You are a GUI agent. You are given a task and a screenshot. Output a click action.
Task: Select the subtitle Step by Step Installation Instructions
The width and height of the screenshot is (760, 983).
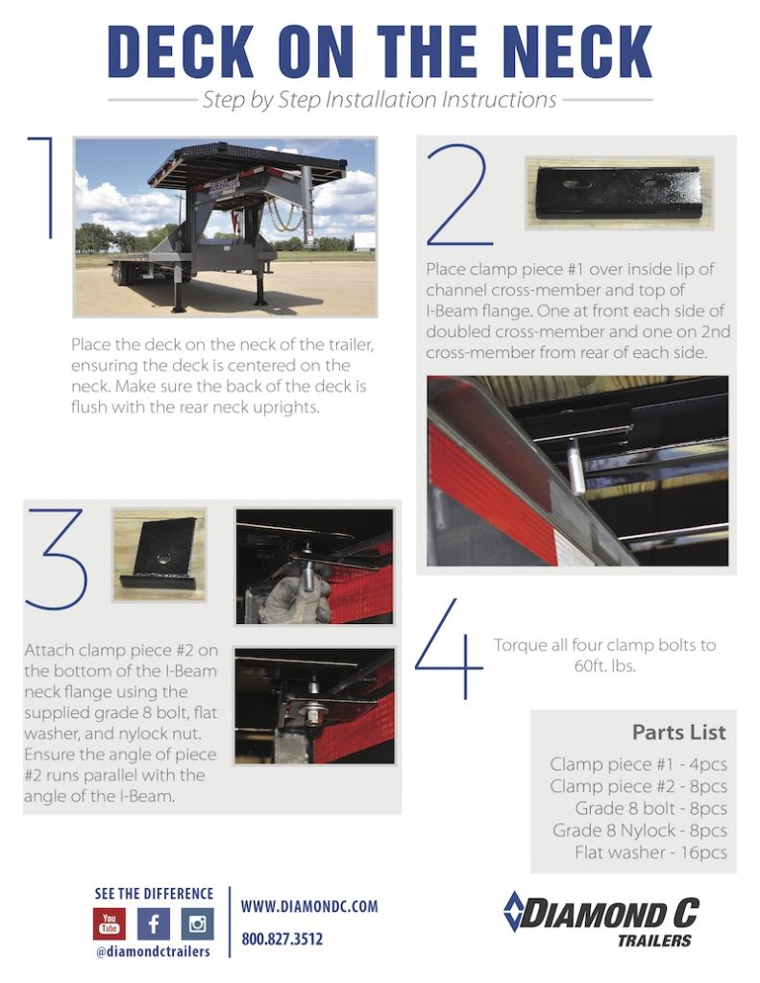(380, 100)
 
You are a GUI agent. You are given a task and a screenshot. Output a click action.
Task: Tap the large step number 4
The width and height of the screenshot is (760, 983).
(449, 649)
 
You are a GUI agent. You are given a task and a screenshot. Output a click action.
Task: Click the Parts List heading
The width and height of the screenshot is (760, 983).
(678, 732)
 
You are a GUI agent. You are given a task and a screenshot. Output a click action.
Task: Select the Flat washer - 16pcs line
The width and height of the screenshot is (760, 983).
(650, 852)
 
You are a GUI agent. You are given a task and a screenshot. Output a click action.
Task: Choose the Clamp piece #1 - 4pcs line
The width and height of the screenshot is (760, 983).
(638, 764)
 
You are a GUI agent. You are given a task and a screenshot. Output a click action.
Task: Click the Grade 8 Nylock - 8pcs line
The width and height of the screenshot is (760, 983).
(639, 830)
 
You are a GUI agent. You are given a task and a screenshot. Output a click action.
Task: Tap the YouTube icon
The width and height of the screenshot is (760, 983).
(110, 923)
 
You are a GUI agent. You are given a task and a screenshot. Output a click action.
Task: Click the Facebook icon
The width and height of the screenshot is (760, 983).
(154, 923)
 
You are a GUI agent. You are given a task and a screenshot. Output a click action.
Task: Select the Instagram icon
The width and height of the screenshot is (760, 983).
(198, 923)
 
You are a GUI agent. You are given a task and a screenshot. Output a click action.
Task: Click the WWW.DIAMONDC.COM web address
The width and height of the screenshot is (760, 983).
(308, 906)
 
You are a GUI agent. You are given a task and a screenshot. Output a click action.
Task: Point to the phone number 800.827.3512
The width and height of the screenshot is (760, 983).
(282, 939)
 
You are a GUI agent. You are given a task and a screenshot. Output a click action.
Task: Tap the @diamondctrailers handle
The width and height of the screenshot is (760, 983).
(154, 951)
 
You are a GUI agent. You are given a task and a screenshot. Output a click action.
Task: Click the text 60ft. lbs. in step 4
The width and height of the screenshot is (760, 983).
(604, 665)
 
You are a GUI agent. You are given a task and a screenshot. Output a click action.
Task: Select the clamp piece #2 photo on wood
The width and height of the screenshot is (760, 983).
(159, 555)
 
